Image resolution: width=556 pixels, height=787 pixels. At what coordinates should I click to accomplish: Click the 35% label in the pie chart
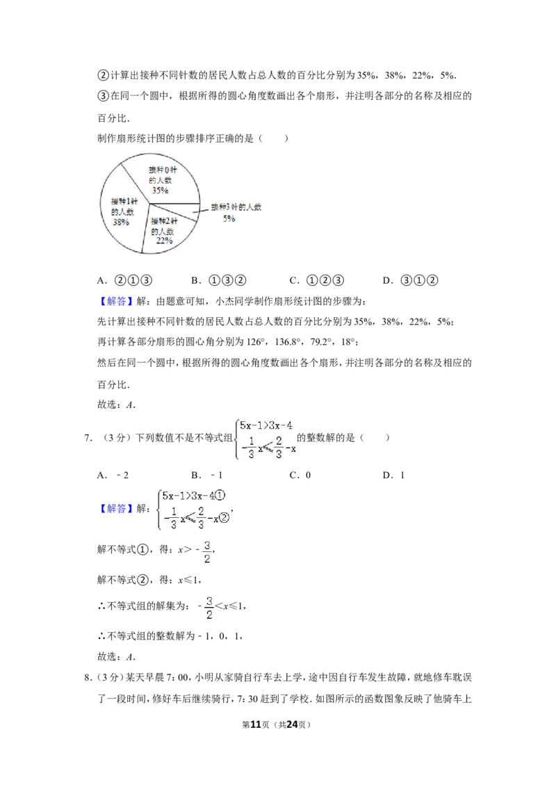(160, 190)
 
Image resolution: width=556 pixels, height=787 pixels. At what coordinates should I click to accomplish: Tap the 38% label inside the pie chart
(121, 222)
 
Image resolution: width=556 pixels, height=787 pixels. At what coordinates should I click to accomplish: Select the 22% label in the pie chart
(164, 241)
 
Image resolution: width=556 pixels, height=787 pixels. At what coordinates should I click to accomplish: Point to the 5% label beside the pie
(229, 219)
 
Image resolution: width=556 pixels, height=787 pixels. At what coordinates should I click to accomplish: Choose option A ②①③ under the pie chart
(124, 281)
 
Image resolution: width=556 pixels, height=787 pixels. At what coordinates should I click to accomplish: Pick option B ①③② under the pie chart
(219, 281)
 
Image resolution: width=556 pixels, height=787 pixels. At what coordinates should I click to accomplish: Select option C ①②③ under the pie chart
(317, 281)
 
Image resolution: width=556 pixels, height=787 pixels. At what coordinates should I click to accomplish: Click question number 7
(88, 438)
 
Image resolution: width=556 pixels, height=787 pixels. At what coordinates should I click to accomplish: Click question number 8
(88, 678)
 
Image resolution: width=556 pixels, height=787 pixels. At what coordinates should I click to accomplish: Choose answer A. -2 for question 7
(113, 476)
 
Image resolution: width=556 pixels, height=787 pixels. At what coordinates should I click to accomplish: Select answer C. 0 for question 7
(300, 476)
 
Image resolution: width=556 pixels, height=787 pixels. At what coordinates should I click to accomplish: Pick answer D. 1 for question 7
(393, 476)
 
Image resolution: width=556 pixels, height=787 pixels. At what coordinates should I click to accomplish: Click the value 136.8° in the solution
(288, 342)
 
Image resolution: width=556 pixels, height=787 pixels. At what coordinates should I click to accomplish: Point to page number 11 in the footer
(256, 724)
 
